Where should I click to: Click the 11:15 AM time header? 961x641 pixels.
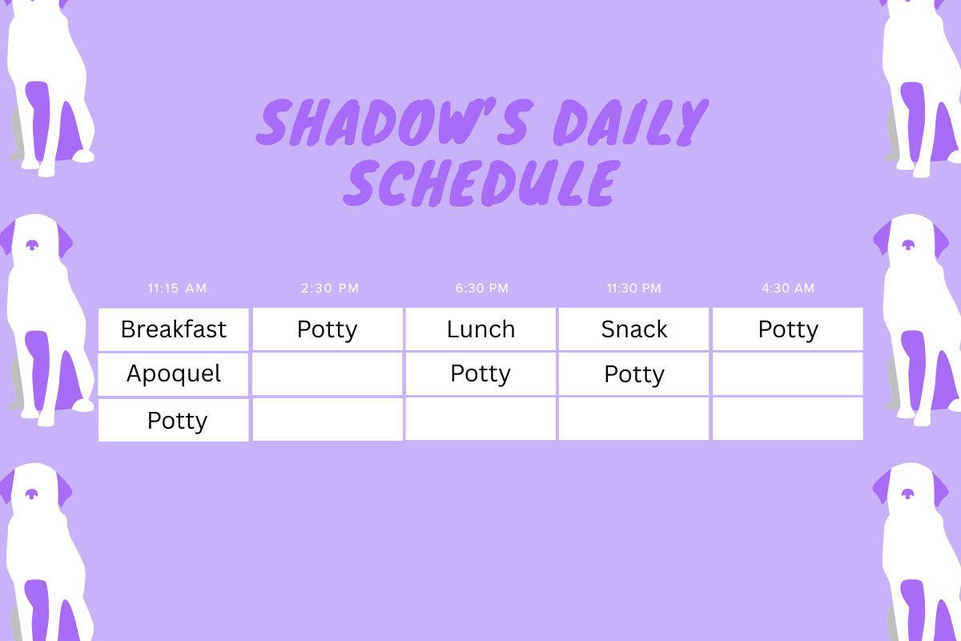pos(177,288)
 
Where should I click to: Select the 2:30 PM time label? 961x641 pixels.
pos(330,288)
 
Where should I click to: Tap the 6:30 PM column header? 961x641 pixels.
pos(482,288)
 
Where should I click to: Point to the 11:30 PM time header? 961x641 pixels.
pos(634,288)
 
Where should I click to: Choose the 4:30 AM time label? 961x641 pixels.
pos(788,288)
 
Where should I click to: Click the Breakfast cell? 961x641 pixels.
pos(173,329)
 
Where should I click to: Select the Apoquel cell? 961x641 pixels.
pos(173,374)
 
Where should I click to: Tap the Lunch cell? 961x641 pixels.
pos(480,329)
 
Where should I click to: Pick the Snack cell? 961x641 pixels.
pos(633,329)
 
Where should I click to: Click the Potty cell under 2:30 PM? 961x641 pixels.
pos(328,329)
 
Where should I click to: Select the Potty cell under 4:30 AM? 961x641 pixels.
pos(788,329)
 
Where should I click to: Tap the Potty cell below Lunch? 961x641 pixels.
pos(480,373)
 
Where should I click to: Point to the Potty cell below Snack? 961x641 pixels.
pos(633,373)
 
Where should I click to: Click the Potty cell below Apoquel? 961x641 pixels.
pos(173,420)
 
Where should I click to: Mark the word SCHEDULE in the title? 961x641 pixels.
pos(482,183)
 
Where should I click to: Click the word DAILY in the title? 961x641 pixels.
pos(631,123)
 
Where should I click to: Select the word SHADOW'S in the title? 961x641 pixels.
pos(395,122)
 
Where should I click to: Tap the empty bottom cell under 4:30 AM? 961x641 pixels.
pos(788,418)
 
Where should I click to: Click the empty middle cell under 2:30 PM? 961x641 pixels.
pos(328,373)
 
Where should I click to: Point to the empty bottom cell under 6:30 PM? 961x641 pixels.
pos(480,418)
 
